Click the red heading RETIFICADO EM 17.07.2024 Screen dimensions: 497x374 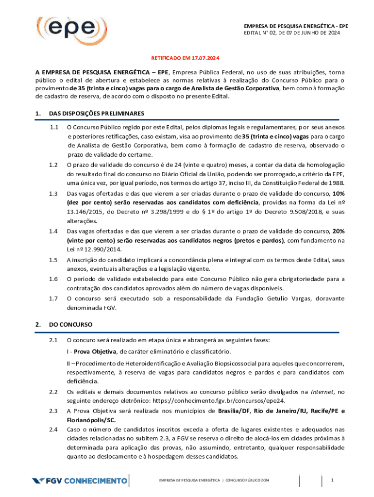(x=185, y=58)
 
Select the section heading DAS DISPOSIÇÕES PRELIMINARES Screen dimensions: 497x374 (x=96, y=114)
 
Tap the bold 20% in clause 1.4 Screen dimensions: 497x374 (x=338, y=231)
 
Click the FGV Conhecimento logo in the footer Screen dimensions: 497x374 (x=80, y=481)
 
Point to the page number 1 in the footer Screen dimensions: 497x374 (x=333, y=480)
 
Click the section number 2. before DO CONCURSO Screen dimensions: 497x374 (x=37, y=324)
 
